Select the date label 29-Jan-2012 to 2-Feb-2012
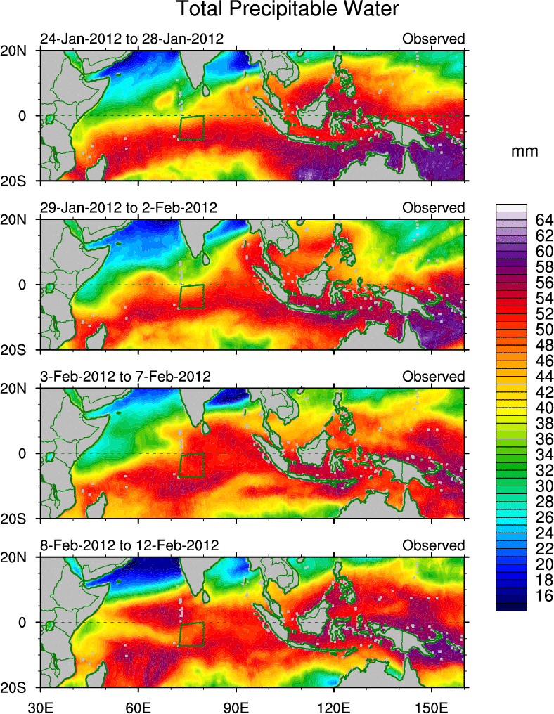click(129, 208)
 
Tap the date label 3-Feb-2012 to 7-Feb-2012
click(126, 377)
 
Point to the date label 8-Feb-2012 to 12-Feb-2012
click(129, 545)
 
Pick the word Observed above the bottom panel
click(433, 545)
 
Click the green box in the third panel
click(191, 465)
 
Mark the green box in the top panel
click(191, 128)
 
